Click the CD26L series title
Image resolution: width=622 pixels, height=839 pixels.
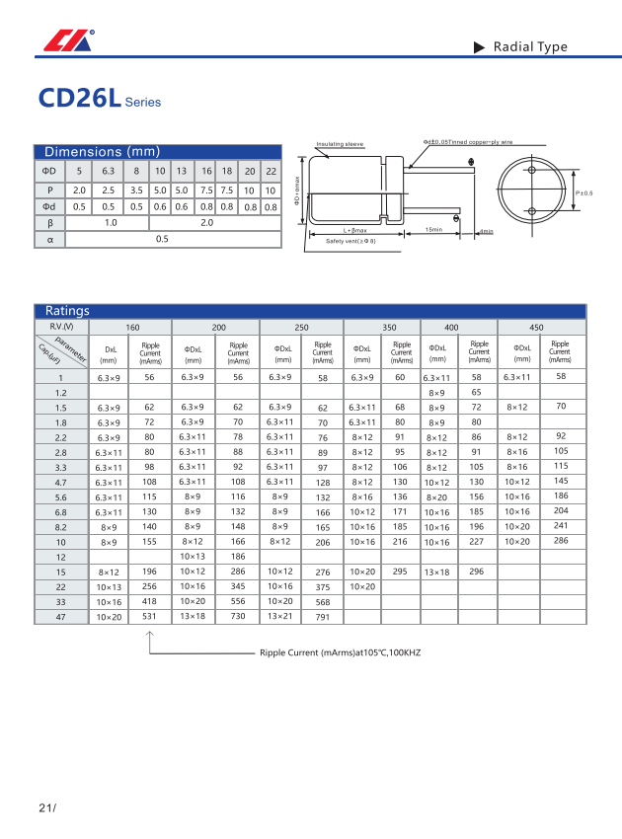(x=99, y=99)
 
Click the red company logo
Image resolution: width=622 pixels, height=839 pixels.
(x=65, y=41)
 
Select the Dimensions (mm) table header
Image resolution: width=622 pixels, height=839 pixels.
(x=102, y=152)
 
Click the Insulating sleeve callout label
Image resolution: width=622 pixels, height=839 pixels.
(x=340, y=145)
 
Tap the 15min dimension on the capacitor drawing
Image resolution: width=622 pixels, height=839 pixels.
(x=433, y=230)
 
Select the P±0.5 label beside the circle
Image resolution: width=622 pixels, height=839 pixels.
(x=583, y=192)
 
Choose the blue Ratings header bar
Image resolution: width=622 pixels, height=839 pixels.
(x=310, y=311)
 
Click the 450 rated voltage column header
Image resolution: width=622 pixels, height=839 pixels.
(x=536, y=327)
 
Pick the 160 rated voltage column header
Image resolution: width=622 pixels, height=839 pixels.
(x=132, y=327)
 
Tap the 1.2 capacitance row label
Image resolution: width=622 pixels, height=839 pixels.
(x=61, y=393)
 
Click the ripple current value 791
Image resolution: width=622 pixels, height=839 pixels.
(x=322, y=617)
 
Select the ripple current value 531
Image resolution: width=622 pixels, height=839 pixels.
(x=149, y=616)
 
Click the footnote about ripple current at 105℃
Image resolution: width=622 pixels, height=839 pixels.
(x=340, y=653)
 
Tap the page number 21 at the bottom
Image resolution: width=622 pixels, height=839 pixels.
(x=47, y=808)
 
